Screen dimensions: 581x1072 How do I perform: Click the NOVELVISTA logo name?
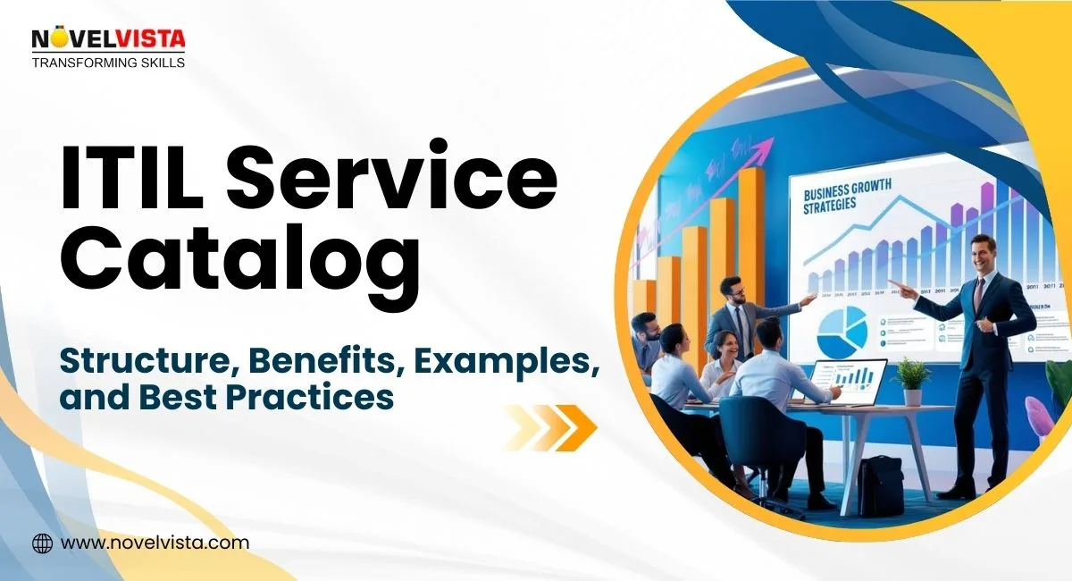point(109,39)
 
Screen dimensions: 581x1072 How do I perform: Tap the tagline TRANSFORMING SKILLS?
point(109,63)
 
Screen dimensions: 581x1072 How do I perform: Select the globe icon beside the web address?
point(42,543)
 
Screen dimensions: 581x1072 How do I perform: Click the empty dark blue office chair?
point(759,447)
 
